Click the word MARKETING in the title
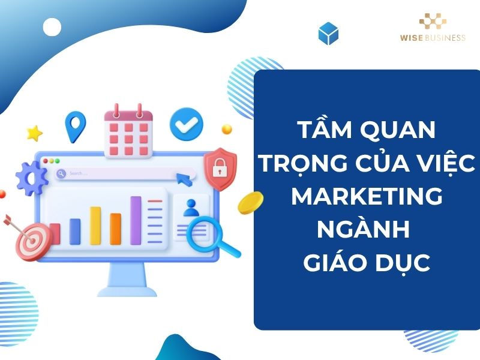(x=367, y=196)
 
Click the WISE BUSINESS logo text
(x=433, y=37)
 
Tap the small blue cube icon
(x=328, y=34)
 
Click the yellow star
(x=35, y=133)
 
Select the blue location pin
(x=76, y=125)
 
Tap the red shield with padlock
(x=220, y=170)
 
